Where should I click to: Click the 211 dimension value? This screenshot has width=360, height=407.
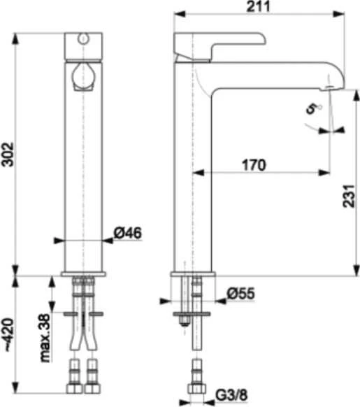pos(258,6)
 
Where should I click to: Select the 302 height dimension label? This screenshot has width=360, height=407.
pos(8,154)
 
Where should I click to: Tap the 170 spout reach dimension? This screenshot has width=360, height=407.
pos(254,165)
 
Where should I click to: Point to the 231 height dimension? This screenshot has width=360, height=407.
pos(348,196)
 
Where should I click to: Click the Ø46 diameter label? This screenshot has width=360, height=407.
pos(128,233)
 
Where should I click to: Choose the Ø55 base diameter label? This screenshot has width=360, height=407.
pos(241,294)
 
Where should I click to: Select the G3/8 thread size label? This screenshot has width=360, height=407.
pos(232,395)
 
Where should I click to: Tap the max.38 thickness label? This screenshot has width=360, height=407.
pos(45,338)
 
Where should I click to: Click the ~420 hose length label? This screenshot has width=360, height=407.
pos(8,335)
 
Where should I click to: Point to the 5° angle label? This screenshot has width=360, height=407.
pos(314,108)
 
